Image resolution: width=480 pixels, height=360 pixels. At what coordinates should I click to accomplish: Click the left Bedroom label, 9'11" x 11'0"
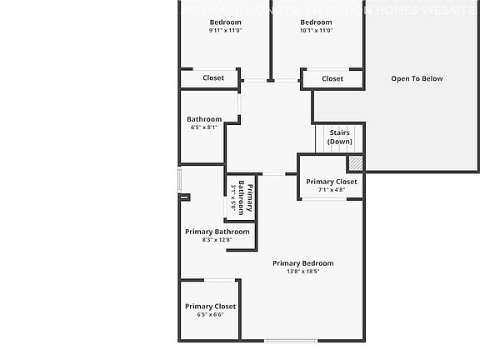coord(225,22)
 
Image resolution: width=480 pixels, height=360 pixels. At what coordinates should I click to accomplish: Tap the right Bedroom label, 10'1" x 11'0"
coord(316,22)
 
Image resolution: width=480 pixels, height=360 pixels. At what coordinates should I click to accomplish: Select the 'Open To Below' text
coord(417,79)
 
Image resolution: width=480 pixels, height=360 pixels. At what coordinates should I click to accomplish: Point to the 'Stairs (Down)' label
coord(339,137)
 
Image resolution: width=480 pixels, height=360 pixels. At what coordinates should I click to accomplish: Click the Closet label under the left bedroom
coord(213,78)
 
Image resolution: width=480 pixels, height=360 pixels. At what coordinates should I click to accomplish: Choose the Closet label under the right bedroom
coord(332,79)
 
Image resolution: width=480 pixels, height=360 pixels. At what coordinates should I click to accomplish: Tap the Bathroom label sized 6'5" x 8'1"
coord(204,119)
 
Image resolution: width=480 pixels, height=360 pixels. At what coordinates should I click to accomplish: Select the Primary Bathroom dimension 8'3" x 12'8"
coord(217,240)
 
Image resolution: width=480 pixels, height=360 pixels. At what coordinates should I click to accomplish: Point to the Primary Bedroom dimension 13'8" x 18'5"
coord(302,271)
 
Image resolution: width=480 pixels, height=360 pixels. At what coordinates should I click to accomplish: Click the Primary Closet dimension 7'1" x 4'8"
coord(331,190)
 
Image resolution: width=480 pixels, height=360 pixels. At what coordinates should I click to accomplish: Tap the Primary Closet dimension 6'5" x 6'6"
coord(210,314)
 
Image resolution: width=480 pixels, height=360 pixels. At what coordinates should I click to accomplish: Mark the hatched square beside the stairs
coord(356,163)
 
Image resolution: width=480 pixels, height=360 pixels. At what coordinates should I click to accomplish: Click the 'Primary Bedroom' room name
coord(302,262)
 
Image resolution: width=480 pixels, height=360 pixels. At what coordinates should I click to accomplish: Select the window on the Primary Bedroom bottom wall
coord(291,340)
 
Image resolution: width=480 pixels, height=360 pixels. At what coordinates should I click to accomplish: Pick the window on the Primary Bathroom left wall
coord(180,180)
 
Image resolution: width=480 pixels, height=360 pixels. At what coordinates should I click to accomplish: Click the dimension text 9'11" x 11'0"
coord(225,30)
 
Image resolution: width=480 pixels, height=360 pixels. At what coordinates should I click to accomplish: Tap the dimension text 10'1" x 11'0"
coord(316,30)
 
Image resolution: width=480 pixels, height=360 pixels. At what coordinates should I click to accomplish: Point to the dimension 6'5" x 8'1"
coord(204,127)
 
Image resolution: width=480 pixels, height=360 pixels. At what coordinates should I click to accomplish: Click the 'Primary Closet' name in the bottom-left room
coord(210,306)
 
